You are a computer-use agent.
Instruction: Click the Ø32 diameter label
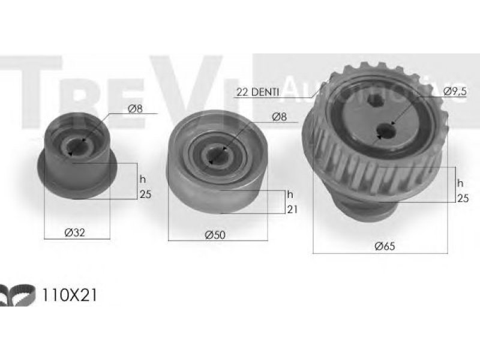pos(74,233)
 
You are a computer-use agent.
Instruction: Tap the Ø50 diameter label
pos(215,235)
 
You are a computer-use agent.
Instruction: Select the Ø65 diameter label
pos(385,246)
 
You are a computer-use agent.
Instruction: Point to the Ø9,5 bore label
pos(454,91)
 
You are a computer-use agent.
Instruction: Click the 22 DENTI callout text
pos(257,92)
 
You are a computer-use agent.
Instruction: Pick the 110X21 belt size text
pos(68,295)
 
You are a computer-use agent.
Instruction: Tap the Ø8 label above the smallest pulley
pos(136,109)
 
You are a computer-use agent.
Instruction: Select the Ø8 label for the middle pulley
pos(279,116)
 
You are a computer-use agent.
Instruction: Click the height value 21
pos(292,209)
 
